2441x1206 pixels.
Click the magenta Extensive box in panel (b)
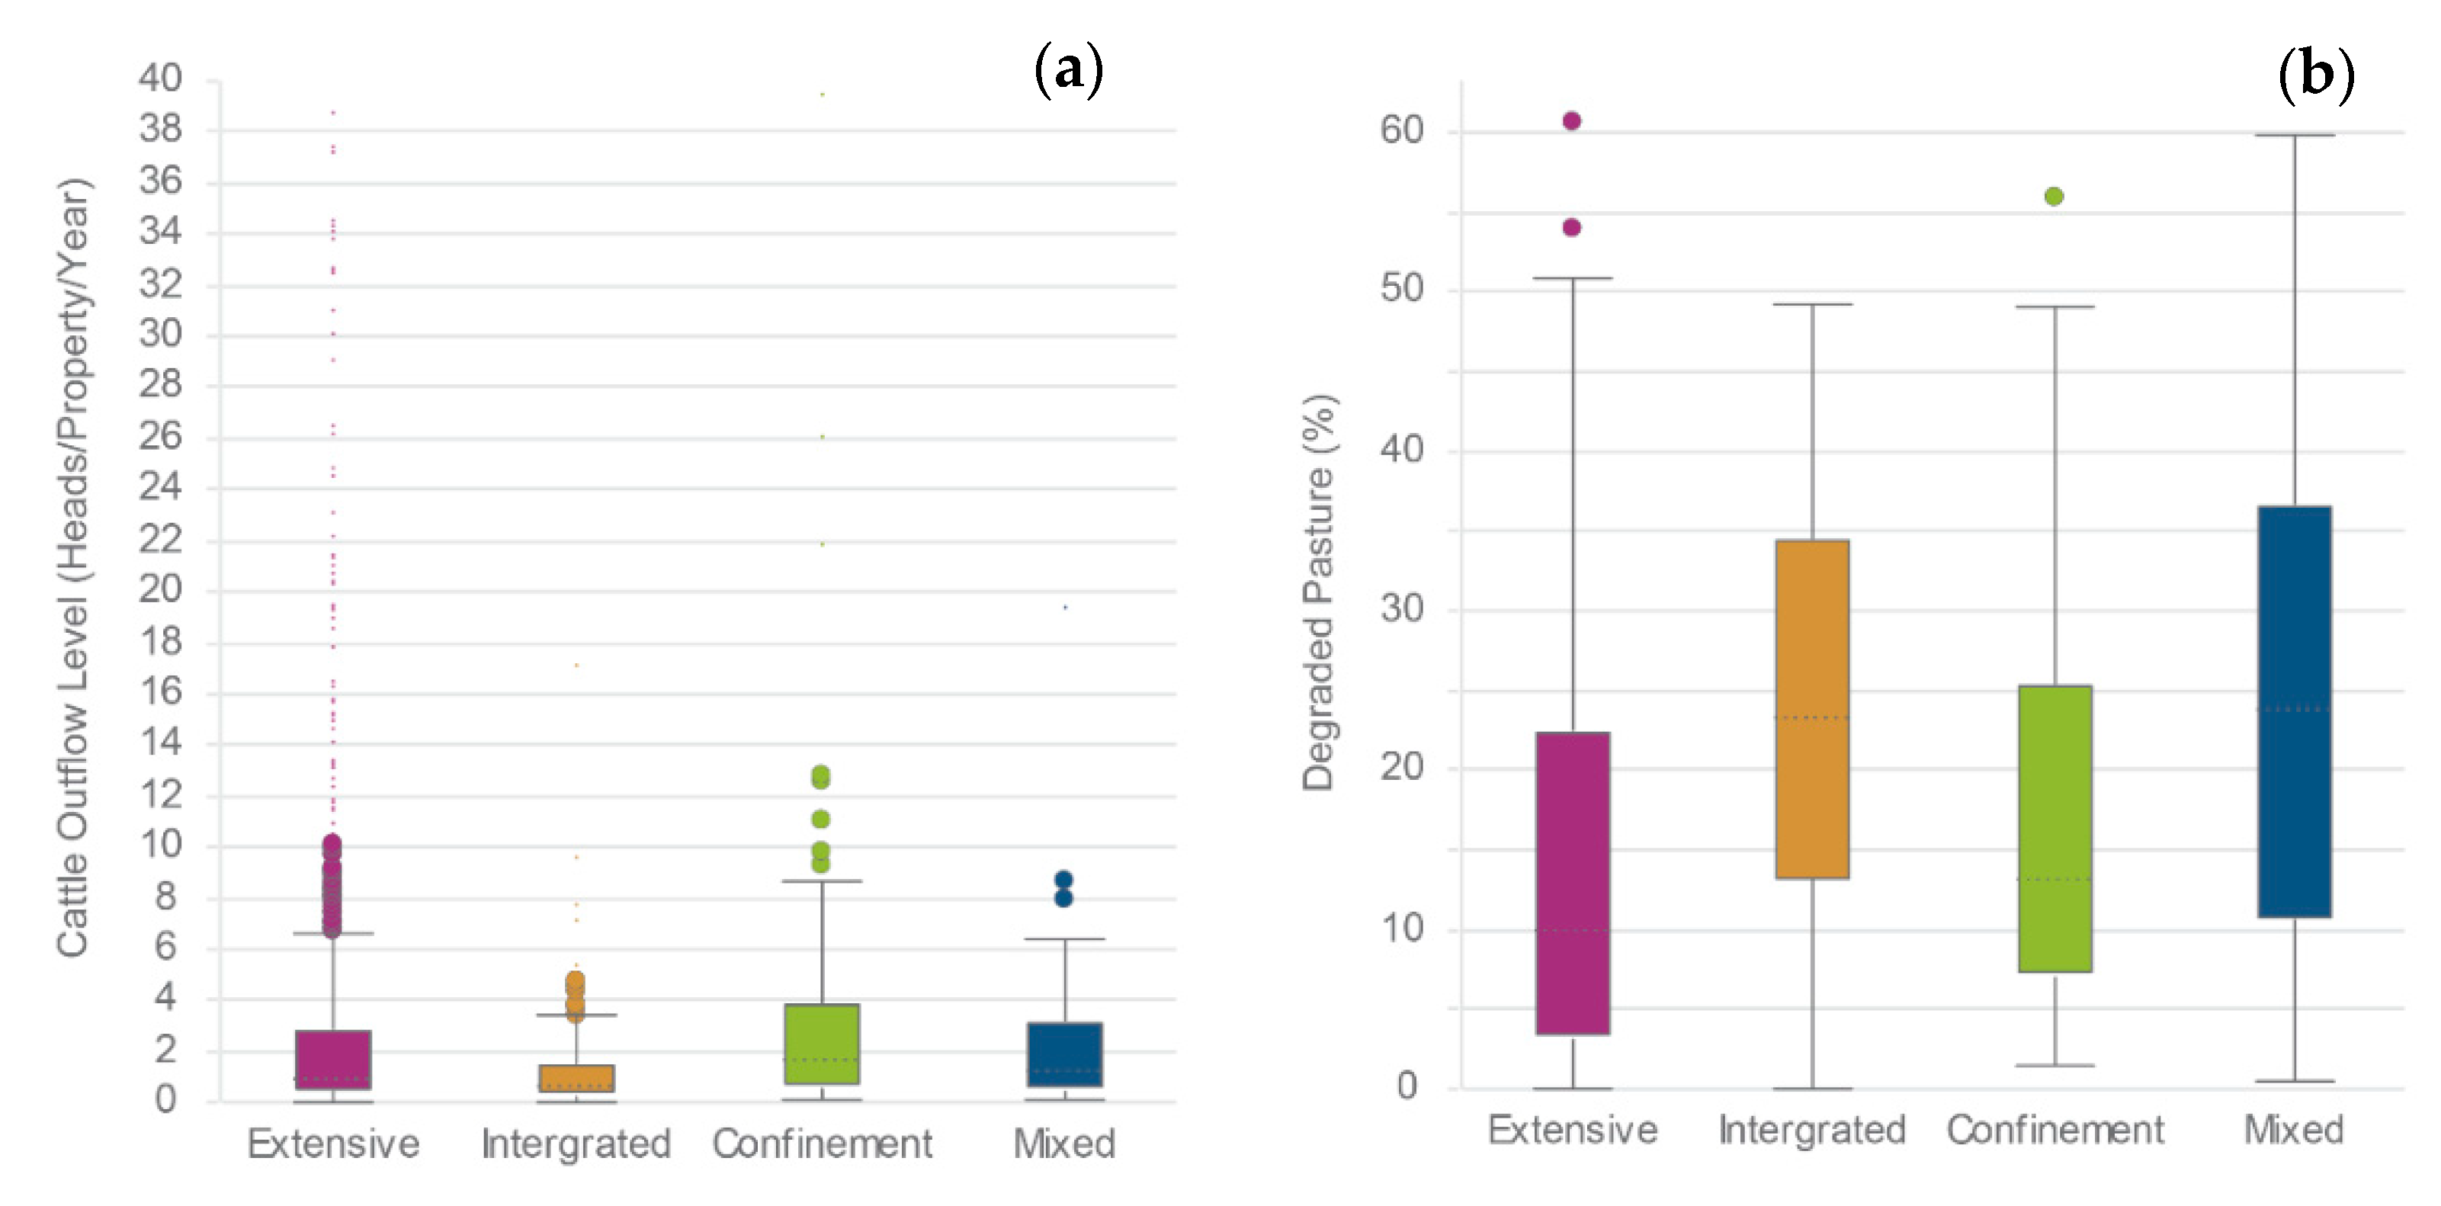click(x=1572, y=883)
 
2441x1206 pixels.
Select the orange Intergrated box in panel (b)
click(x=1812, y=709)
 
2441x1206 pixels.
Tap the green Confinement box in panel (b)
click(x=2054, y=828)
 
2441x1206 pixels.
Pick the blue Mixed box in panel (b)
click(x=2294, y=710)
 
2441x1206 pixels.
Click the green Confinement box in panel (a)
click(x=822, y=1043)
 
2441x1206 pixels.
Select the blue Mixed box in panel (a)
click(x=1064, y=1054)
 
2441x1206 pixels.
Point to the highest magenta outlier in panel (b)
click(x=1571, y=120)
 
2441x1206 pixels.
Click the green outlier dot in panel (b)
click(x=2054, y=196)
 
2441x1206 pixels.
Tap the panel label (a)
click(x=1068, y=70)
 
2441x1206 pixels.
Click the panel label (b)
click(x=2315, y=75)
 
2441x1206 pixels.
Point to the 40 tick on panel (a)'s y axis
click(x=160, y=78)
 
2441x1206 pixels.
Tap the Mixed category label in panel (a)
click(x=1063, y=1143)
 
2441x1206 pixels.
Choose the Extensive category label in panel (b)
click(x=1572, y=1129)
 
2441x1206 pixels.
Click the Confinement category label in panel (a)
click(x=822, y=1143)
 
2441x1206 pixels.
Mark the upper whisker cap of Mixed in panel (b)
click(x=2294, y=136)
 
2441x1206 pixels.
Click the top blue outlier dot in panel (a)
click(x=1063, y=879)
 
